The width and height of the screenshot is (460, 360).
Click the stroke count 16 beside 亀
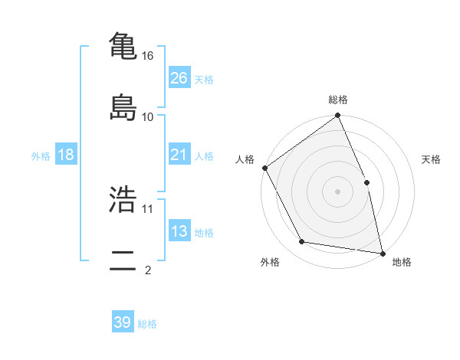[x=148, y=56]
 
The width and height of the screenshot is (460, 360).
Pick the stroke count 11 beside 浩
[x=148, y=208]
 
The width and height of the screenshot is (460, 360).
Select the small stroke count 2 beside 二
[x=148, y=270]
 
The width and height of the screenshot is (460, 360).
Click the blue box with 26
[x=179, y=78]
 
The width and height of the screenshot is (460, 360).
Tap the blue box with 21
[x=179, y=155]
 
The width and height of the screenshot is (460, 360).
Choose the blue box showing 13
[x=179, y=231]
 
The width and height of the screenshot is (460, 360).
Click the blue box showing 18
[x=66, y=155]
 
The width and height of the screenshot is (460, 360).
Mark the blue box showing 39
[x=123, y=322]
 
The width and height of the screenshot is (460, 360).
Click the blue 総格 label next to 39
[x=147, y=324]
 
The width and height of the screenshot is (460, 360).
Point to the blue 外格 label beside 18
[x=41, y=155]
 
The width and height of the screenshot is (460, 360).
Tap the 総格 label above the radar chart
[x=338, y=100]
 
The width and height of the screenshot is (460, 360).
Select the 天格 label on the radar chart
[x=432, y=159]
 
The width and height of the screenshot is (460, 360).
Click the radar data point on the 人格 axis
[x=264, y=168]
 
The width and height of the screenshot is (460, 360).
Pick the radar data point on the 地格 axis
[x=383, y=253]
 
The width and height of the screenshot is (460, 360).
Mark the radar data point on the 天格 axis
[x=366, y=182]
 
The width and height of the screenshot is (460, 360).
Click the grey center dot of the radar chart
[x=337, y=191]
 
